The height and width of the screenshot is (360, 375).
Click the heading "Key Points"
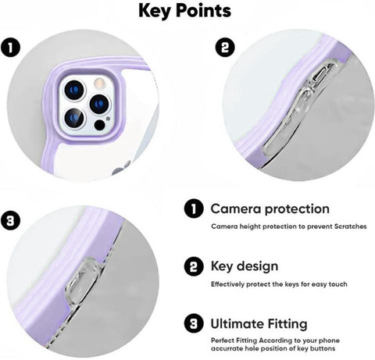click(x=184, y=11)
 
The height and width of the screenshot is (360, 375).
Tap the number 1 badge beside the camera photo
click(x=10, y=48)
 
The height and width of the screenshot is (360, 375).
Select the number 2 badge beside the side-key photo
click(x=225, y=48)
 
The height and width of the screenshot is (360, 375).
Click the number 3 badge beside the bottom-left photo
click(x=10, y=221)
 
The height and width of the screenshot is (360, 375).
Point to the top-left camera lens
click(x=74, y=90)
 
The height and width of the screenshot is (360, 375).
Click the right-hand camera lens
click(x=99, y=104)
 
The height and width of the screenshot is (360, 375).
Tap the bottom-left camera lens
click(x=74, y=119)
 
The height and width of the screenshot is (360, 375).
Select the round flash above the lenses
click(x=99, y=83)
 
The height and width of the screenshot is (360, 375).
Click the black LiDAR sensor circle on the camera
click(x=99, y=125)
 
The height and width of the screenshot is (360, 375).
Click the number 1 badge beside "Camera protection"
click(x=194, y=209)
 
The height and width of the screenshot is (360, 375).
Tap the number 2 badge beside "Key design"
click(x=194, y=266)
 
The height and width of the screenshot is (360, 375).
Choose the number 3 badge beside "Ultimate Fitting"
click(x=194, y=324)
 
